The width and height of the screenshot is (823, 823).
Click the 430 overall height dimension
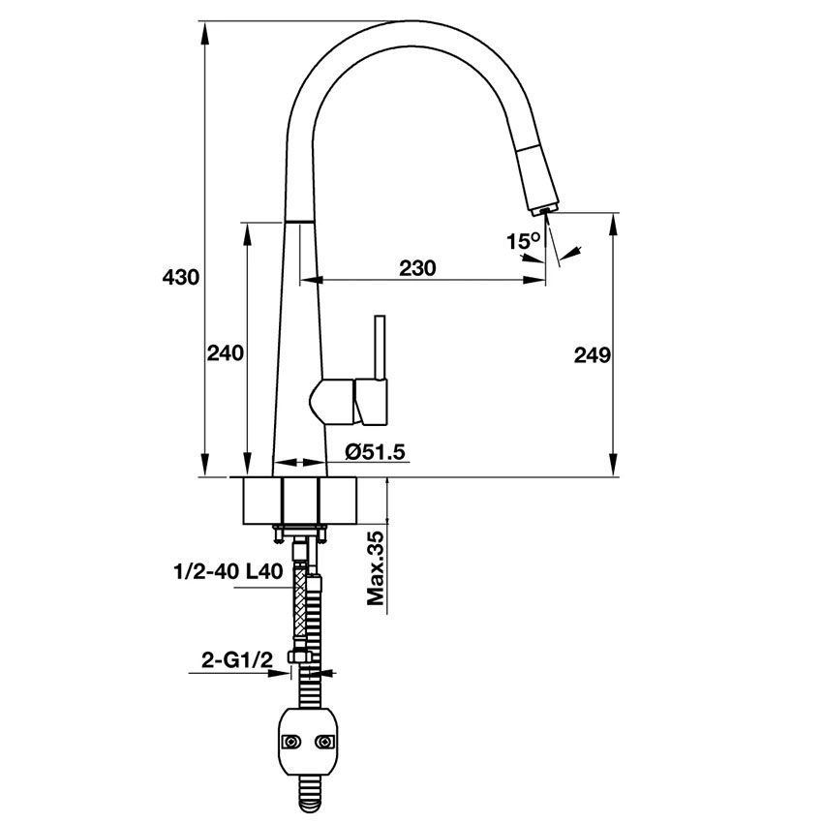180,278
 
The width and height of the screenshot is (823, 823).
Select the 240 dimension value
225,354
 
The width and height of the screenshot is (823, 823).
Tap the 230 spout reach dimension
418,268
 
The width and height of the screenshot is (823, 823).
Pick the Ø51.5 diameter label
373,450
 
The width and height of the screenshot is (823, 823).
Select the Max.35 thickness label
376,568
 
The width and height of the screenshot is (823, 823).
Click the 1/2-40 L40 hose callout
229,571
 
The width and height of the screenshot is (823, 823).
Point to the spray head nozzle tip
544,208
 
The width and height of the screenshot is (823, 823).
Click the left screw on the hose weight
289,743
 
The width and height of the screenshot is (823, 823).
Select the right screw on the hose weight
324,743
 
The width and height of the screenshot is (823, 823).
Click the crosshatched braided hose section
306,600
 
